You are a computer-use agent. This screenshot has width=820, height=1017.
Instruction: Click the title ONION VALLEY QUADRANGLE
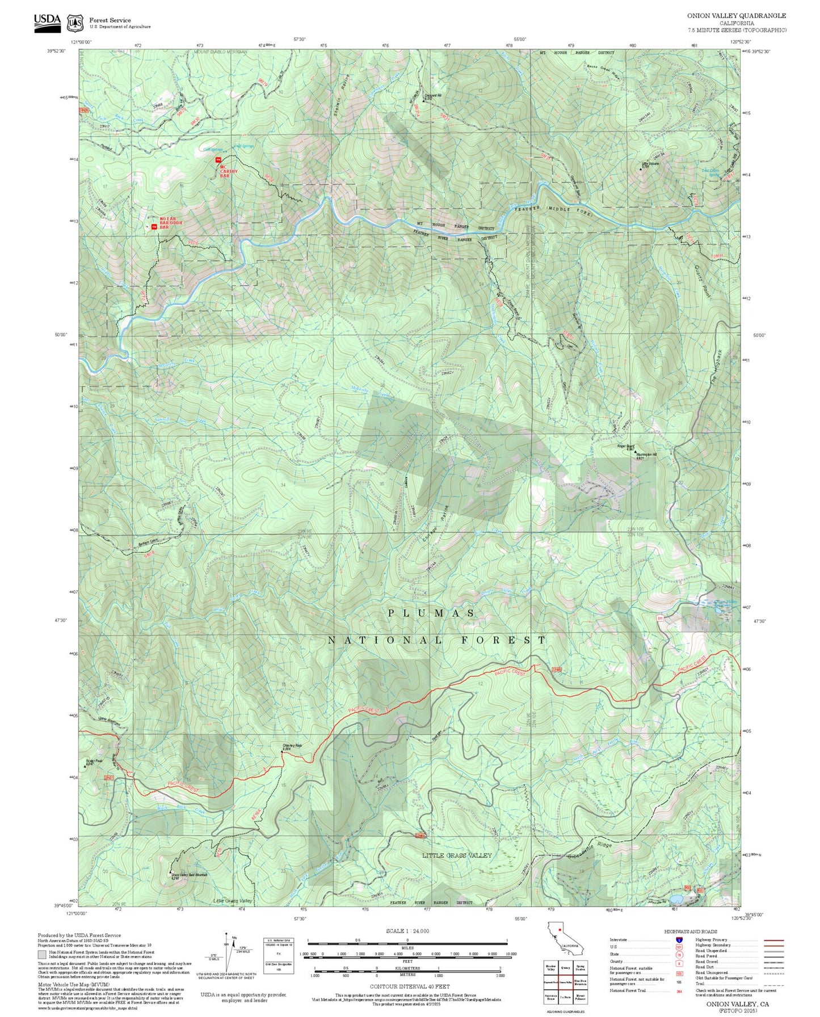(x=737, y=16)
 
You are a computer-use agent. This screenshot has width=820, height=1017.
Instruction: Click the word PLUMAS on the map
(x=431, y=613)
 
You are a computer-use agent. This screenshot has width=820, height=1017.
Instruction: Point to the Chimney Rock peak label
(x=292, y=747)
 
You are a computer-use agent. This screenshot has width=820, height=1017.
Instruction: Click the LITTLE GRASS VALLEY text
(x=457, y=855)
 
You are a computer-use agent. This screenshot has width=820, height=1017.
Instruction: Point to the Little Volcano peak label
(x=650, y=164)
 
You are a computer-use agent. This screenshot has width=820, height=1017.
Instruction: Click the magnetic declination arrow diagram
(x=229, y=954)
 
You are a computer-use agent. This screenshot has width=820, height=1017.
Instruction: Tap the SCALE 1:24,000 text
(x=407, y=931)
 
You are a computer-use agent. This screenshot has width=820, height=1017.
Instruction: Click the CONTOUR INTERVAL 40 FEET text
(x=409, y=986)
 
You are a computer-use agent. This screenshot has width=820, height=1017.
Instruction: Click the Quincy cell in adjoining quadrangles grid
(x=565, y=968)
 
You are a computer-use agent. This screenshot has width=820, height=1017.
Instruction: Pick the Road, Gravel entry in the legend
(x=707, y=961)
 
